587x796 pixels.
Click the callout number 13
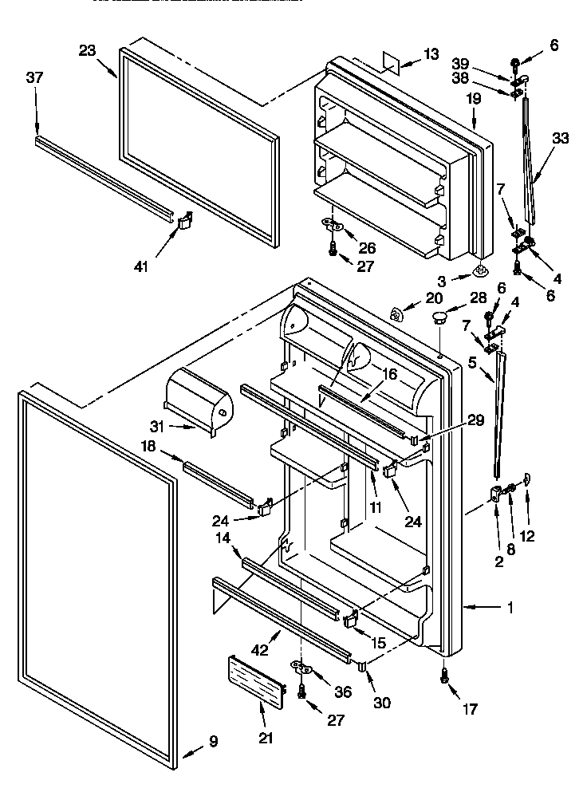431,54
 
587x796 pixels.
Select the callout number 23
88,49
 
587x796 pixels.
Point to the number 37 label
35,78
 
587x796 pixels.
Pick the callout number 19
474,99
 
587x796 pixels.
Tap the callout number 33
561,138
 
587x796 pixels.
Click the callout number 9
213,741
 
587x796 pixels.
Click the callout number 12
527,536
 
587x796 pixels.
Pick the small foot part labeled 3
482,272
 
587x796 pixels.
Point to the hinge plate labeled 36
300,666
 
